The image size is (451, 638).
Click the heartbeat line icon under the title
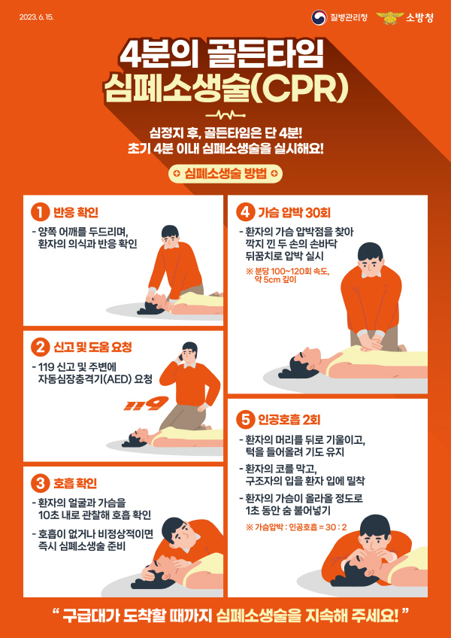coord(225,115)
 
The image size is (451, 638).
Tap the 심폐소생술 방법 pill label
coord(225,174)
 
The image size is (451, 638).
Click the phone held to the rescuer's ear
coord(183,356)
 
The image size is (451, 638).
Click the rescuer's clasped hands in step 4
coord(368,343)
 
